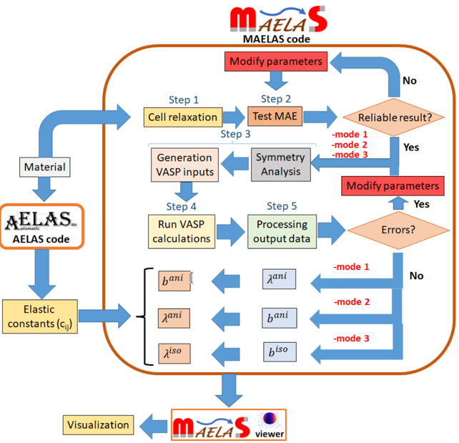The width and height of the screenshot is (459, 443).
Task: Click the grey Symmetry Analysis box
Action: [280, 165]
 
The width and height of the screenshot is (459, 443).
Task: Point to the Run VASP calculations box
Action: [183, 230]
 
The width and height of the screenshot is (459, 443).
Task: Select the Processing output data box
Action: [284, 230]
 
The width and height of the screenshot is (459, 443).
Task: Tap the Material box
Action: [44, 168]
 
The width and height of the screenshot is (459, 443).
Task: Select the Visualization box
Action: [99, 424]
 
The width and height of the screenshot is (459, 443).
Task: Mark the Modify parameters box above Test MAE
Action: [277, 62]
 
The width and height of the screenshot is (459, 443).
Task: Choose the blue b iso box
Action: [279, 351]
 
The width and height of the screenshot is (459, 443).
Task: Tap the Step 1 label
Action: [184, 99]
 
